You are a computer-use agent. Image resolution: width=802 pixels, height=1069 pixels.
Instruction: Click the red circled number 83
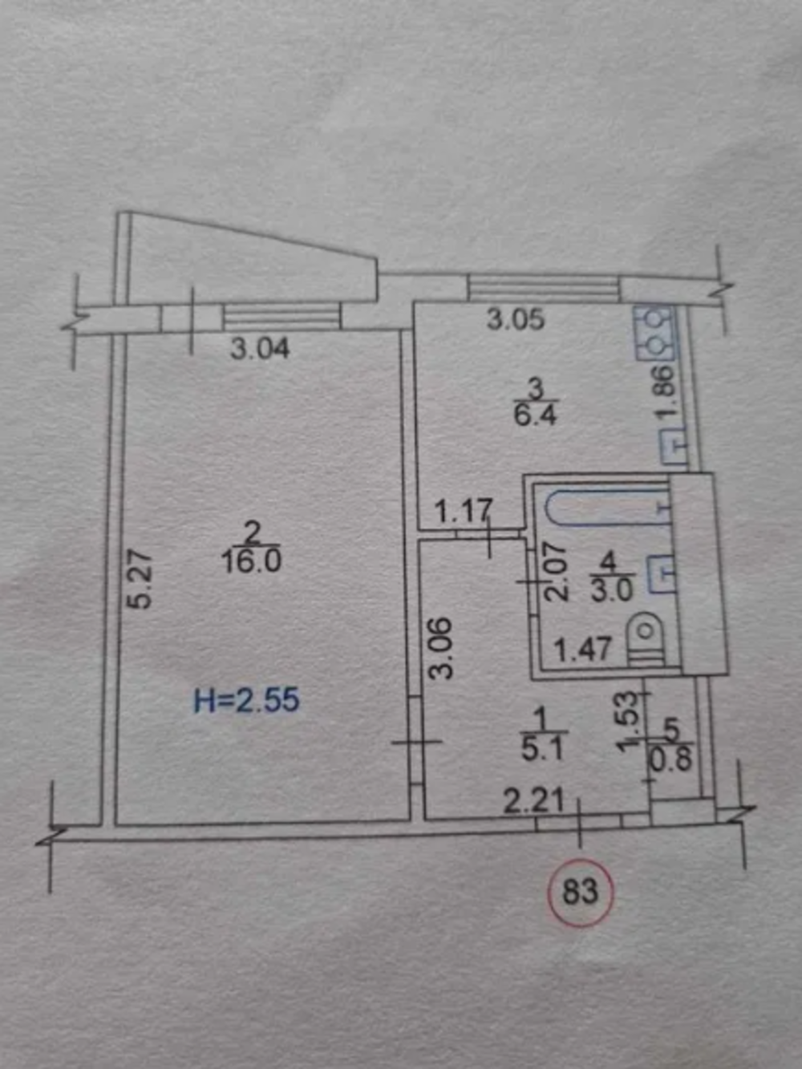pos(580,893)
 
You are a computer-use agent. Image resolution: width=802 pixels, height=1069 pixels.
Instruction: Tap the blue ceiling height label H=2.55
pos(246,702)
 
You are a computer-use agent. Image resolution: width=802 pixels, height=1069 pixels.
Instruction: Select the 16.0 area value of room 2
pos(251,562)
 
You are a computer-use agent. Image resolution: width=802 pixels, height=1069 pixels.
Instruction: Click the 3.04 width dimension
pos(260,349)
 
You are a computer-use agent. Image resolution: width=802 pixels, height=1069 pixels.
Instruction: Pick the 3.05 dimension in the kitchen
pos(516,321)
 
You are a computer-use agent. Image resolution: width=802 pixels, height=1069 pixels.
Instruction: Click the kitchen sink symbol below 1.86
pos(674,447)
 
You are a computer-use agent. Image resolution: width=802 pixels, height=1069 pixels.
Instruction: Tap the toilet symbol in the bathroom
pos(645,639)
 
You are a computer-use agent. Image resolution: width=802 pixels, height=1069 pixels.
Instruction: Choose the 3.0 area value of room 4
pos(612,592)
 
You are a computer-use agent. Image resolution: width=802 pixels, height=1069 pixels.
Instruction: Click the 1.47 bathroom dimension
pos(583,650)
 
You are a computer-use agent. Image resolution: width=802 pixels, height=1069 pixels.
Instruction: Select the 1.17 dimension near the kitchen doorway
pos(463,512)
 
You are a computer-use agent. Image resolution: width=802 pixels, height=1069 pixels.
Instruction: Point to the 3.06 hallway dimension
pos(441,648)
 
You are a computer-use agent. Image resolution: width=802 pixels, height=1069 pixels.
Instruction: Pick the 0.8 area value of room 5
pos(672,760)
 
